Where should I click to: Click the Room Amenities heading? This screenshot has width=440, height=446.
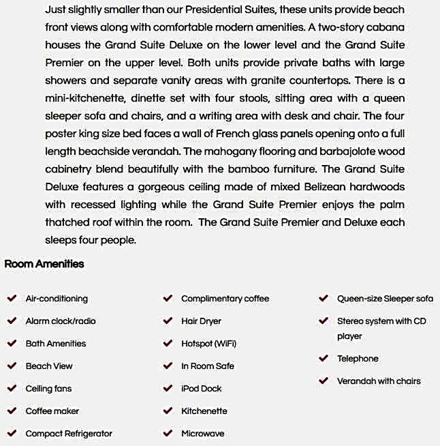[44, 264]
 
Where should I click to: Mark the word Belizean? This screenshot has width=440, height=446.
[295, 187]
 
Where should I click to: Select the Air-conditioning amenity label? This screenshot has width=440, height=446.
[57, 299]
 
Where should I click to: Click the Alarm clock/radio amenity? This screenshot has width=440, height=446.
[61, 321]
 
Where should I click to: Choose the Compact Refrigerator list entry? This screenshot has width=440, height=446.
[69, 434]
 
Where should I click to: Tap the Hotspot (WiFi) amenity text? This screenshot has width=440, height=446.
[208, 344]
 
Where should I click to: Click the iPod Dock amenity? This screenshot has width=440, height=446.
[202, 389]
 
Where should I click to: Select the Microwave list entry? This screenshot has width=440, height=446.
[202, 434]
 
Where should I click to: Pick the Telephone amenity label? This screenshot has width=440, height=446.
[358, 359]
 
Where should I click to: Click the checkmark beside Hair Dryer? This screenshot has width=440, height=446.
[168, 321]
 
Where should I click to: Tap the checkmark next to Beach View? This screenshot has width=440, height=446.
[12, 366]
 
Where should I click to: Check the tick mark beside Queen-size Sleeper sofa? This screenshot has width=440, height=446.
[324, 298]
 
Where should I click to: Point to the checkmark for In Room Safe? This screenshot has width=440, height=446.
[168, 366]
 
